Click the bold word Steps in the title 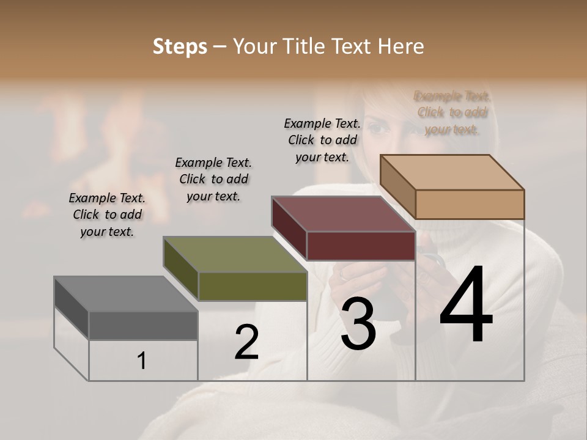point(180,46)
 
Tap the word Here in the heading point(401,46)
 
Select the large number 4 point(466,306)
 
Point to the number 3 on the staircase point(358,324)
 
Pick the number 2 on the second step point(246,342)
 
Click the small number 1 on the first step point(141,361)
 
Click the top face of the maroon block point(343,214)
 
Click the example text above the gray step point(107,215)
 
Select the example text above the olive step point(213,179)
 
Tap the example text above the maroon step point(322,140)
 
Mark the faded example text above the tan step point(452,112)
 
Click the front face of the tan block point(470,204)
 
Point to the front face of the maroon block point(361,246)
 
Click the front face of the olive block point(253,286)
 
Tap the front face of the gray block point(143,325)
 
